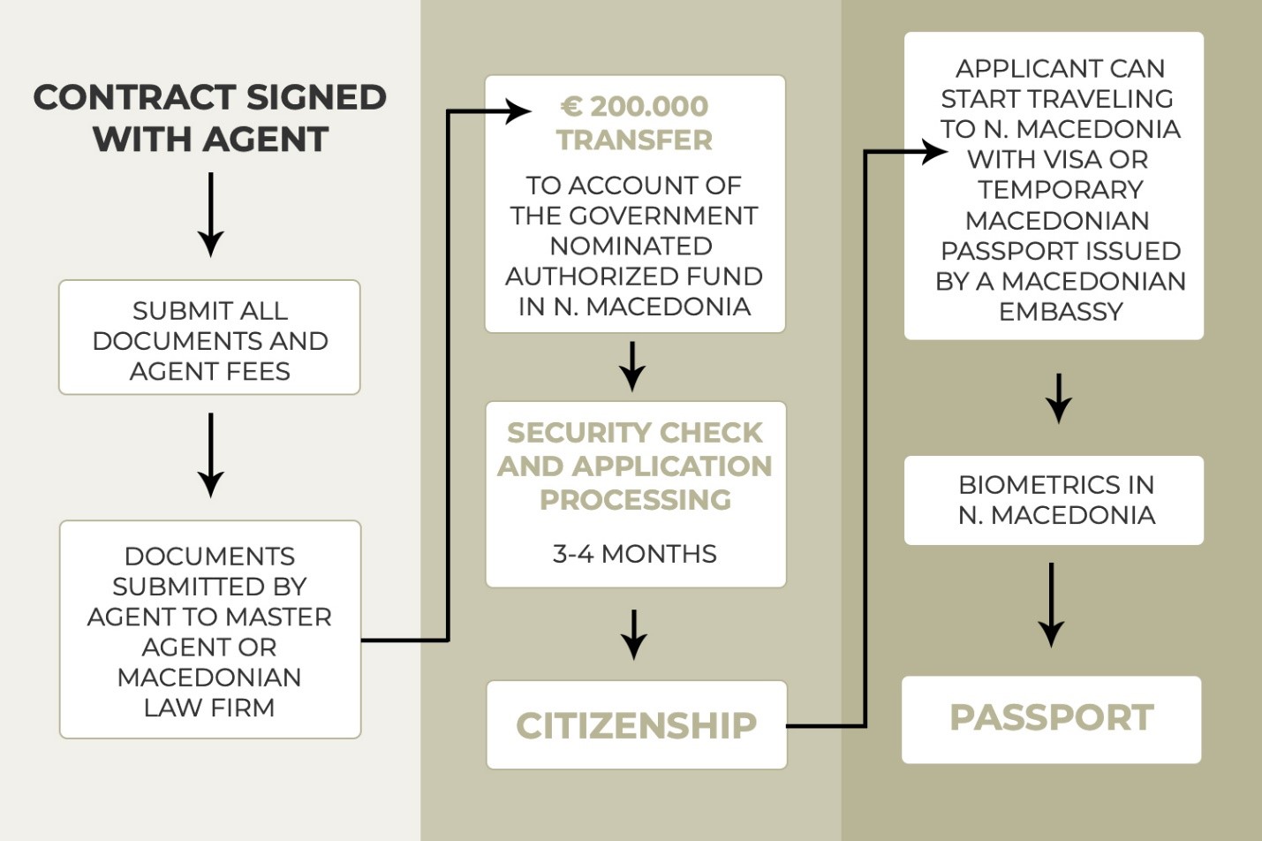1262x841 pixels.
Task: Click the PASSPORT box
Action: point(1051,720)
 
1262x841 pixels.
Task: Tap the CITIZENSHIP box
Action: point(637,725)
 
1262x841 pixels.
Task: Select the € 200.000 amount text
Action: point(634,107)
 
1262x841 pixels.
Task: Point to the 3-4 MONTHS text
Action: point(634,554)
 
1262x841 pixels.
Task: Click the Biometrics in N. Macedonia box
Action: point(1054,501)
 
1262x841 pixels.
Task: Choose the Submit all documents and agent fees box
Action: point(209,337)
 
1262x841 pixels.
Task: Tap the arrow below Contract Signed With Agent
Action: point(211,215)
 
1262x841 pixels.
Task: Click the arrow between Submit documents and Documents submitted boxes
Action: point(211,456)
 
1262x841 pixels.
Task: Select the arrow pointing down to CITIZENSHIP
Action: point(634,634)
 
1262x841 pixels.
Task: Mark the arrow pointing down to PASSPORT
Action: point(1051,605)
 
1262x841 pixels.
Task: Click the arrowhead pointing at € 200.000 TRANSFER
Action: point(518,111)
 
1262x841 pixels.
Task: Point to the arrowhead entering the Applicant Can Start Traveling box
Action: point(934,152)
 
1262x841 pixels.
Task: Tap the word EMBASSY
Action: point(1061,312)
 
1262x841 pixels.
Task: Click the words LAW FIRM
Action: point(209,708)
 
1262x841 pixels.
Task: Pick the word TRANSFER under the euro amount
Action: point(634,140)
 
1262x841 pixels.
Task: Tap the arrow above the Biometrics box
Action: point(1059,398)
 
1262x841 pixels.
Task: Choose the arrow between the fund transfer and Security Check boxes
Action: point(632,367)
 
